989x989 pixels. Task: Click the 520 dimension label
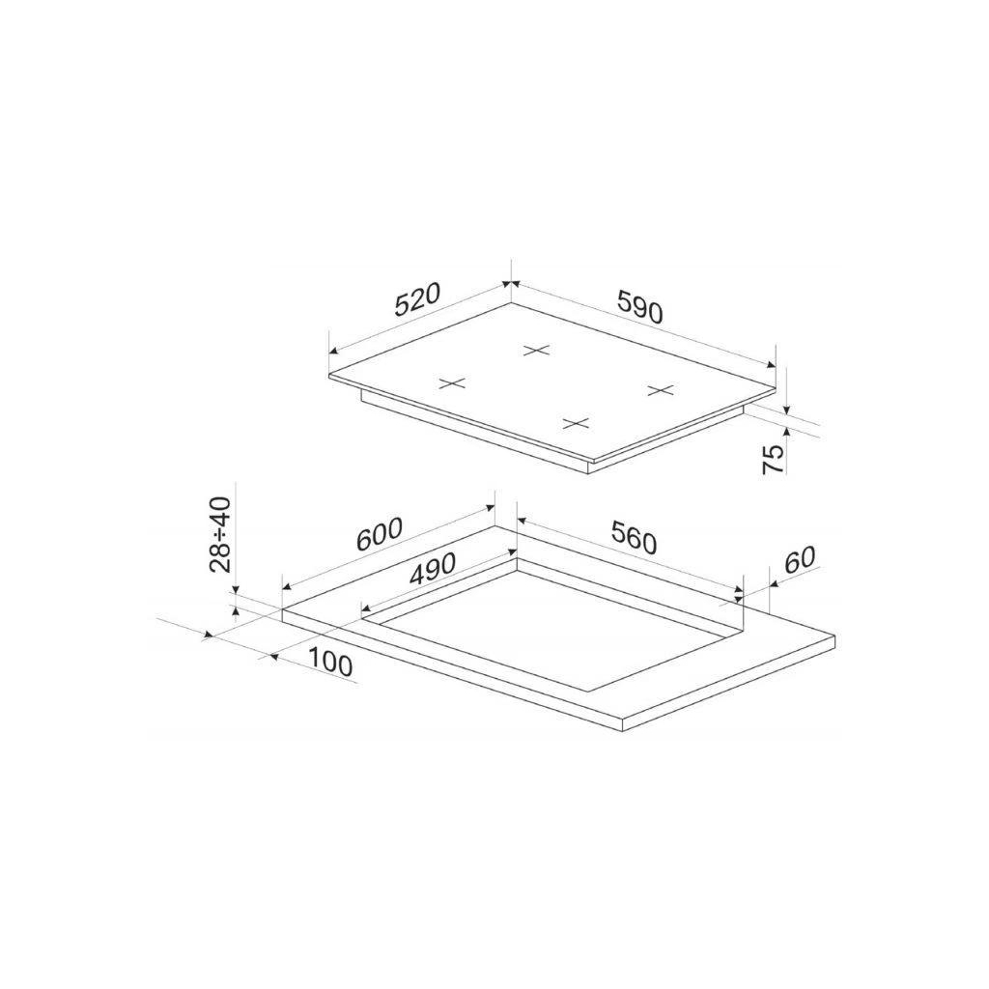(416, 299)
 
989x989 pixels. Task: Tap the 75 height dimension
(774, 459)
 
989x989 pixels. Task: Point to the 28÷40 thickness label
(221, 534)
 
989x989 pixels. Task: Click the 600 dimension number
(379, 534)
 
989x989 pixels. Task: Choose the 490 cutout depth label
(432, 568)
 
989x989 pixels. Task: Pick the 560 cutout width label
(634, 539)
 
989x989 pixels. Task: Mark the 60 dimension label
(800, 559)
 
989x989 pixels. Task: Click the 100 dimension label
(330, 664)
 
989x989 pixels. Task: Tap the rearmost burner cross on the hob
(537, 350)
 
